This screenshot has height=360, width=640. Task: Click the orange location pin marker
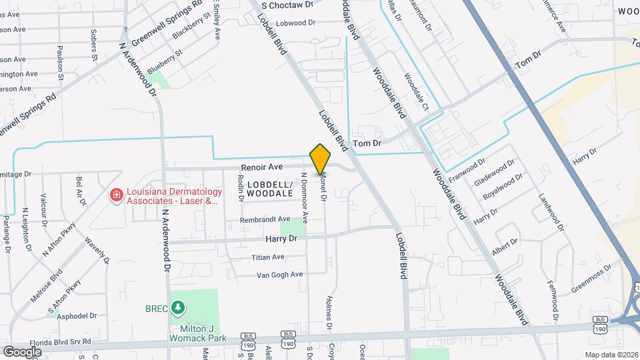[x=320, y=159]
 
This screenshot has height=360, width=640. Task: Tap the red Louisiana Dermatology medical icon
[x=116, y=195]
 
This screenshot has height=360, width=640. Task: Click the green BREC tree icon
[x=177, y=308]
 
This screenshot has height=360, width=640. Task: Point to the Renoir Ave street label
[x=262, y=167]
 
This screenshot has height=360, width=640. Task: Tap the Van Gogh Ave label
[x=280, y=274]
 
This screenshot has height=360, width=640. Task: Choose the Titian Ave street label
[x=268, y=257]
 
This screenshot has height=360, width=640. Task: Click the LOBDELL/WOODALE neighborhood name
[x=269, y=189]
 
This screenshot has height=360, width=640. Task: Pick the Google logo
[x=22, y=351]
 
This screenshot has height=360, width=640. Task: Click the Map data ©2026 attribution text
[x=611, y=354]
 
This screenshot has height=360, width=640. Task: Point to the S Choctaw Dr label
[x=287, y=5]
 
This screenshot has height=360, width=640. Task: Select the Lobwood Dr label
[x=295, y=23]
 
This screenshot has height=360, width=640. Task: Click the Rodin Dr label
[x=241, y=188]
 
